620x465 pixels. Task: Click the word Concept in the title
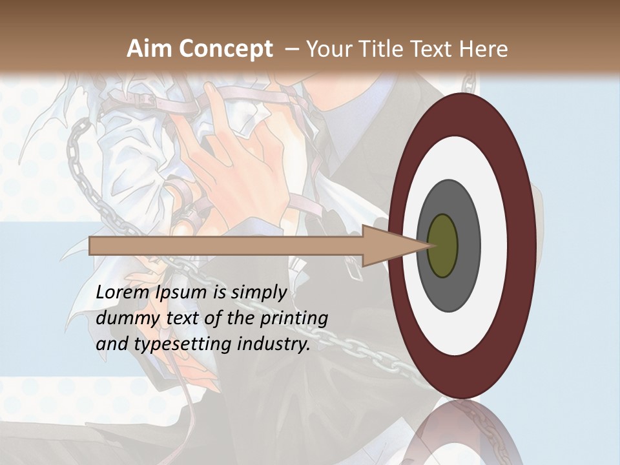click(226, 49)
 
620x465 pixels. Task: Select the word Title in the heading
click(382, 49)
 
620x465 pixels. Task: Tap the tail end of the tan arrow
click(94, 246)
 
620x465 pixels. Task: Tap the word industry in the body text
click(274, 344)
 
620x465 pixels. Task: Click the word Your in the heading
click(327, 49)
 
